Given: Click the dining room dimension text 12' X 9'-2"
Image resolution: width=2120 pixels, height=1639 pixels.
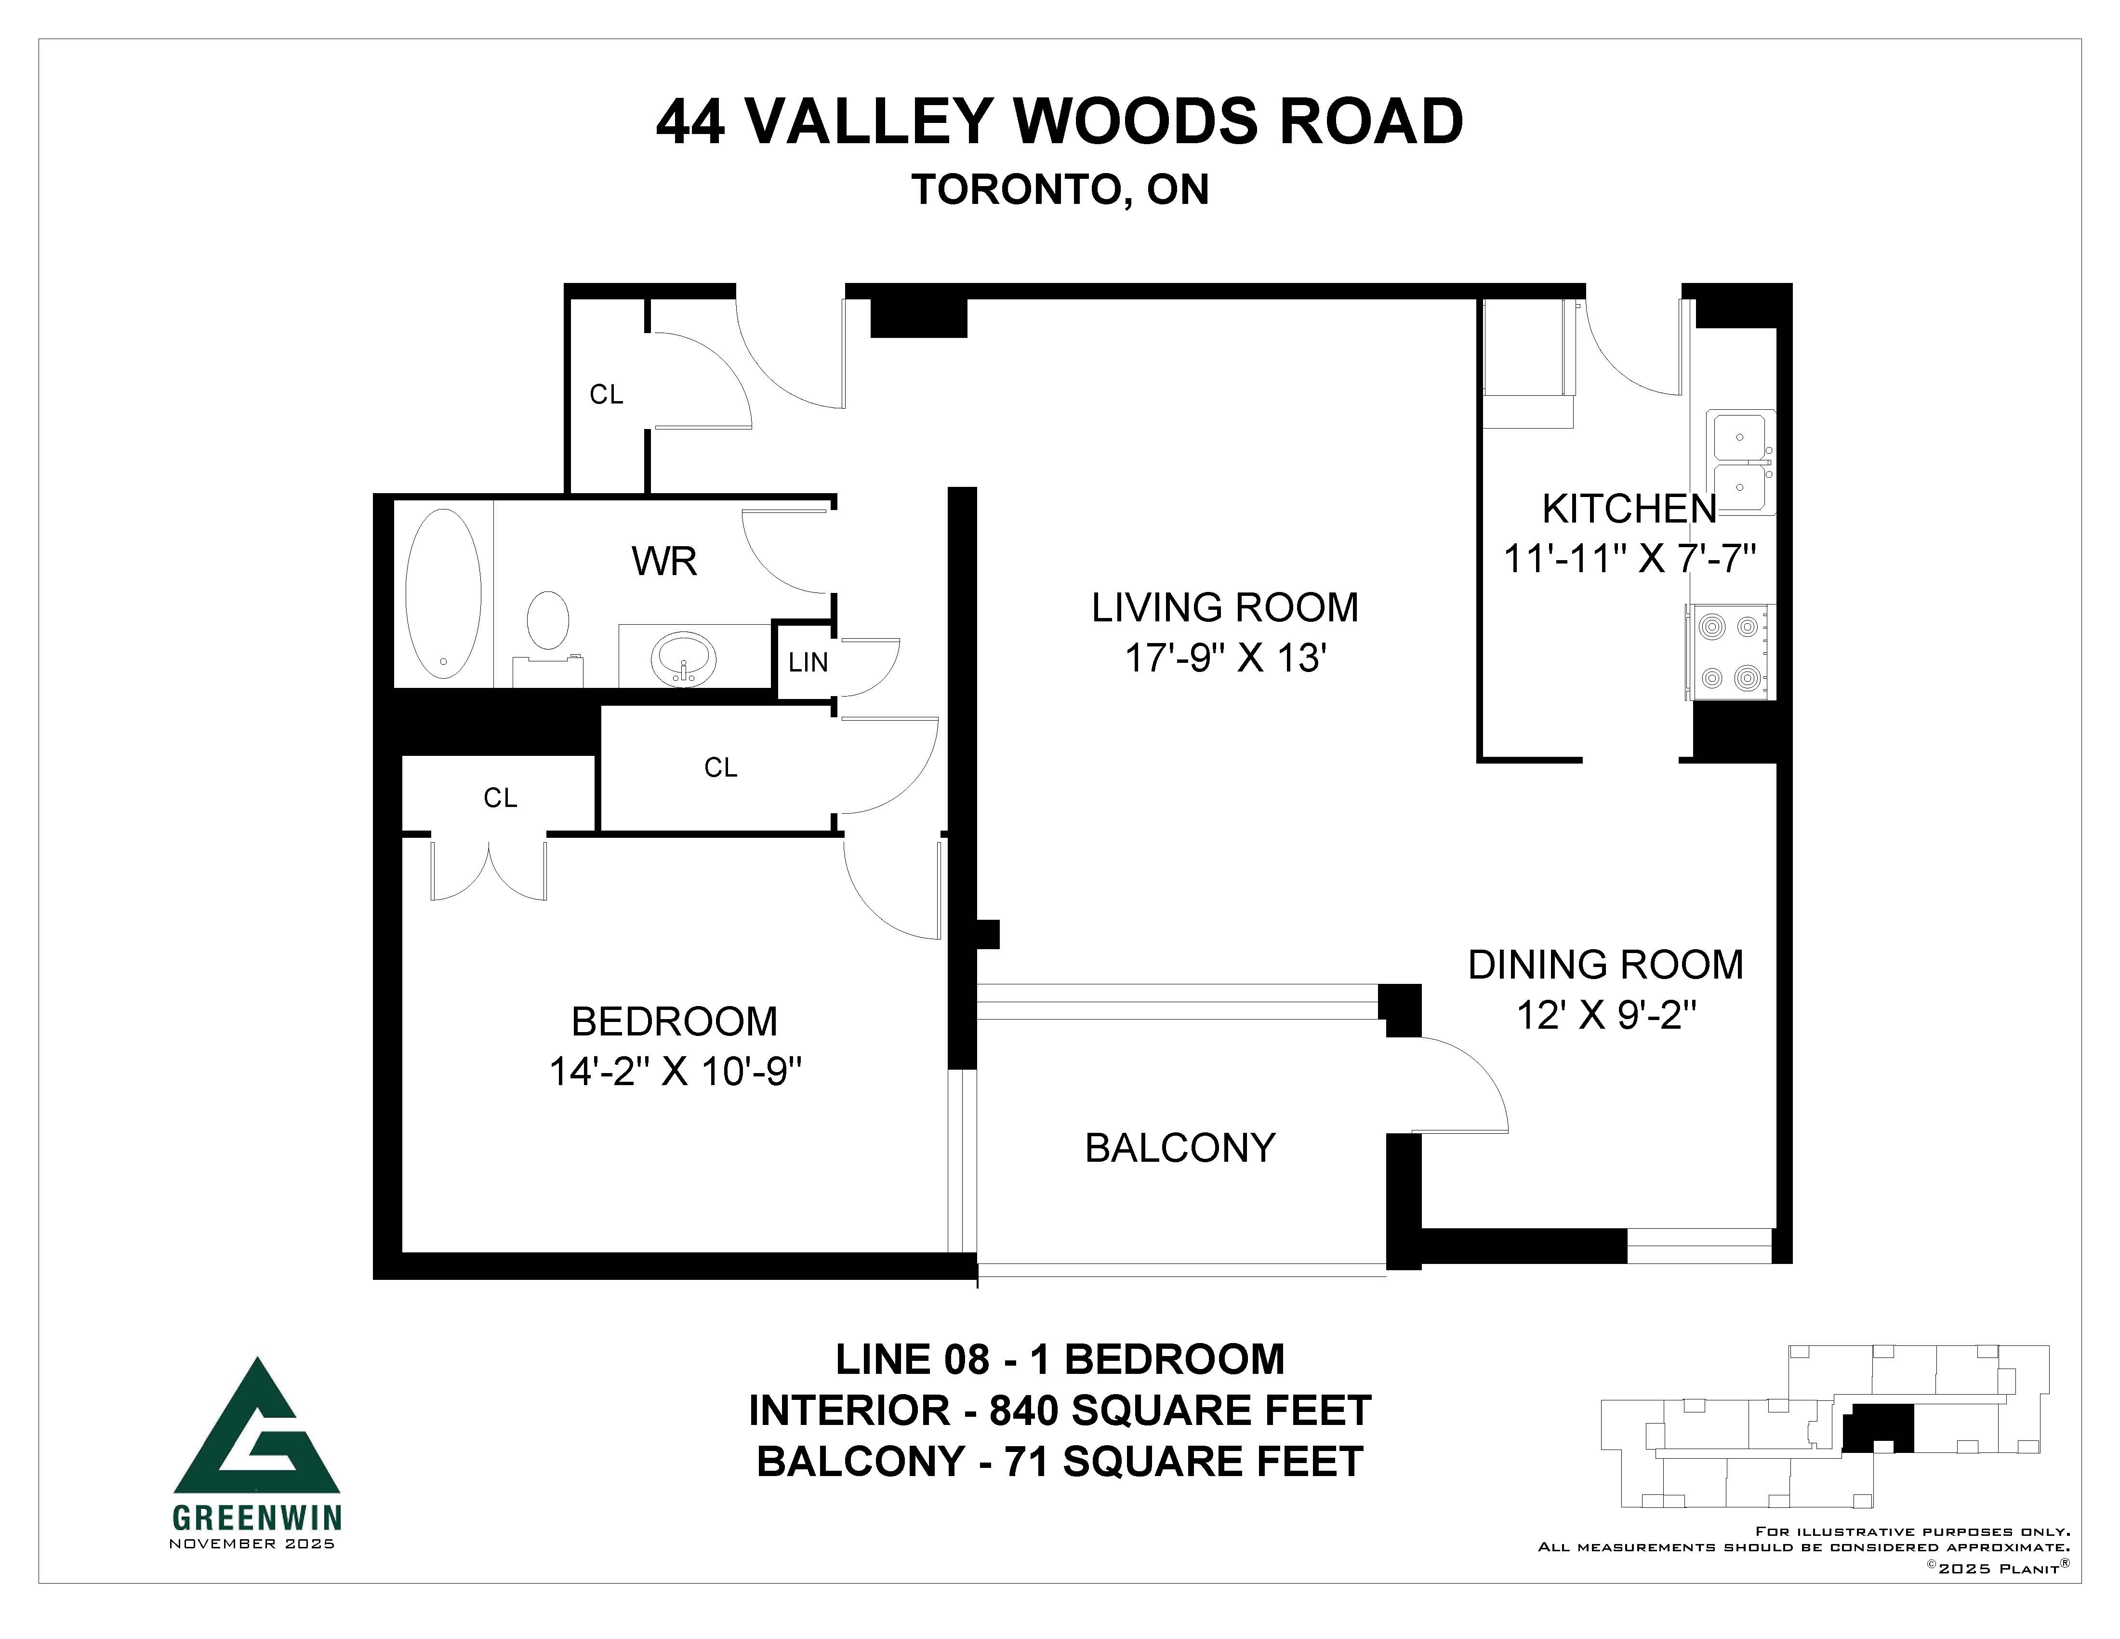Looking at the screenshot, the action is [1606, 1016].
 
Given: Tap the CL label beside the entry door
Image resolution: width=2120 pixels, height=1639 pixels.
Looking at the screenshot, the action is [607, 394].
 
